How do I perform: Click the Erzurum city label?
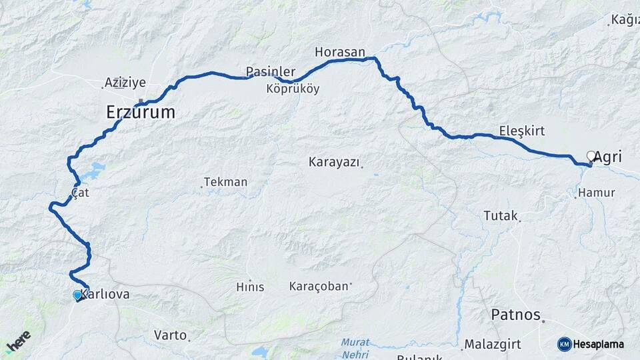(141, 112)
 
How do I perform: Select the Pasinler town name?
(270, 71)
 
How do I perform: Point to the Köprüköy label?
(293, 88)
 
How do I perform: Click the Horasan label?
(340, 51)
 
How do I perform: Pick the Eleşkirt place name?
(522, 131)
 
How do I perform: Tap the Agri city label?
(608, 157)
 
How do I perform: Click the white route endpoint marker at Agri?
(591, 156)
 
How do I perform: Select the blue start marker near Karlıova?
(77, 295)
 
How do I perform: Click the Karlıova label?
(105, 294)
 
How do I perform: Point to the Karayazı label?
(334, 161)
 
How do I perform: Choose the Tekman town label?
(226, 182)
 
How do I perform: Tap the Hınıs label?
(250, 287)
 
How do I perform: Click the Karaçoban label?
(319, 287)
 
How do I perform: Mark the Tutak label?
(501, 215)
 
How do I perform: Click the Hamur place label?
(597, 193)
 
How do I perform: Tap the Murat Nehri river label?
(355, 347)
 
